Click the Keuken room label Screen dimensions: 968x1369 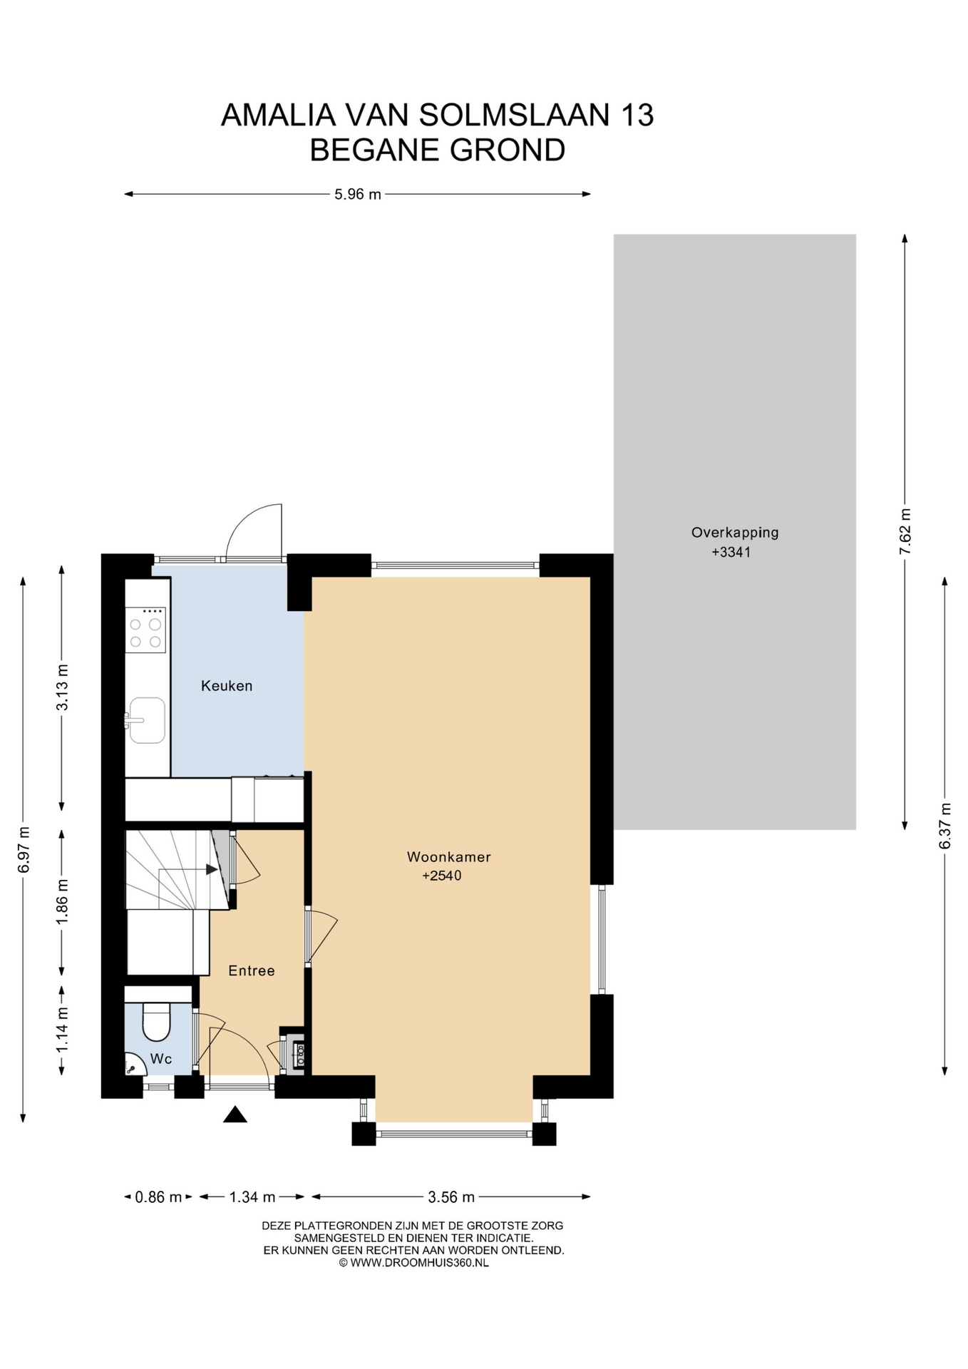coord(227,686)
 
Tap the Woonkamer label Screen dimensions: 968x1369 coord(449,856)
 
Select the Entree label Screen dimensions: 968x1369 coord(252,970)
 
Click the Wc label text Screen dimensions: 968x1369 coord(161,1059)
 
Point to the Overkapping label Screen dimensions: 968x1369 coord(735,533)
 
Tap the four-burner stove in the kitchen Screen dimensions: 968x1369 coord(145,630)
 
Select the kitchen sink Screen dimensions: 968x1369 coord(146,720)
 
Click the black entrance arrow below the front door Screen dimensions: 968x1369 coord(235,1114)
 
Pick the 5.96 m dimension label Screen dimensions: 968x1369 coord(358,194)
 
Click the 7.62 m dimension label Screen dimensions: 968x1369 coord(905,531)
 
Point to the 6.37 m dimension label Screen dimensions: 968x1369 coord(945,826)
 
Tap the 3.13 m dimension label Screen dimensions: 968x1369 coord(63,687)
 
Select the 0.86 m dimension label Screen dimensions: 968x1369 coord(159,1197)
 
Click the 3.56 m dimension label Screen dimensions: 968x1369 coord(451,1197)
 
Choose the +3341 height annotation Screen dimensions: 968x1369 coord(731,552)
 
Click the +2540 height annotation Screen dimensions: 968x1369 coord(442,876)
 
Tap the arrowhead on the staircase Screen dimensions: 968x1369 coord(212,869)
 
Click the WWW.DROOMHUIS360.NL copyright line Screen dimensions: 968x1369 coord(414,1262)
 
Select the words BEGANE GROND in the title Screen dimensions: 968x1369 coord(438,150)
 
